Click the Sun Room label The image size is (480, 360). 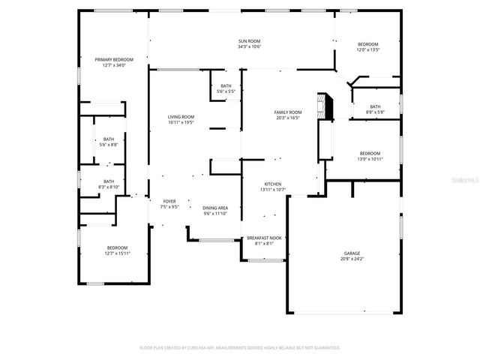[x=249, y=40]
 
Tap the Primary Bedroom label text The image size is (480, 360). [x=114, y=59]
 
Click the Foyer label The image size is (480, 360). [x=169, y=201]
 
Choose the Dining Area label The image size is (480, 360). [x=216, y=208]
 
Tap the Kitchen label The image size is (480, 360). [x=272, y=184]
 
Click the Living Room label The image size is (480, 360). [x=181, y=117]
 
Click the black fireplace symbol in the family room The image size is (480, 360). [x=323, y=106]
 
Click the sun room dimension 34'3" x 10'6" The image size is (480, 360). [x=249, y=46]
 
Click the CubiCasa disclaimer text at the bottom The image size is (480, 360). [x=240, y=347]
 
